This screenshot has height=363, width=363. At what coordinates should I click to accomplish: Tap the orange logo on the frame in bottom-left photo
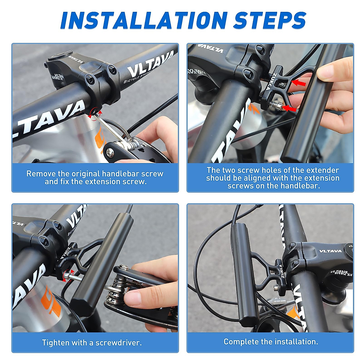click(x=50, y=302)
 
